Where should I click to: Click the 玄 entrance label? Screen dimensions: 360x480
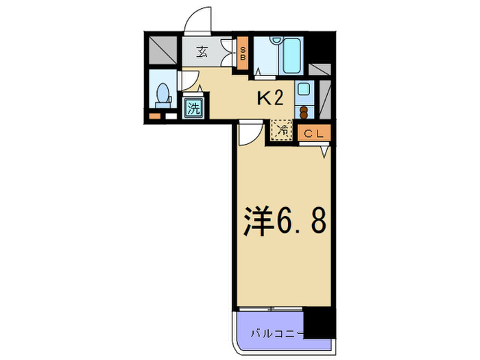click(203, 51)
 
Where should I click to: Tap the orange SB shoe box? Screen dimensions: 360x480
click(242, 53)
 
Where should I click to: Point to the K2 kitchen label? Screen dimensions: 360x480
click(269, 98)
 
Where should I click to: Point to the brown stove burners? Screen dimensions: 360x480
click(304, 111)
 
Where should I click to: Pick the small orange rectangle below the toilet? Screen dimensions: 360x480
click(154, 115)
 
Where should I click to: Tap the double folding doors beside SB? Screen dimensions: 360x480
click(230, 53)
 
